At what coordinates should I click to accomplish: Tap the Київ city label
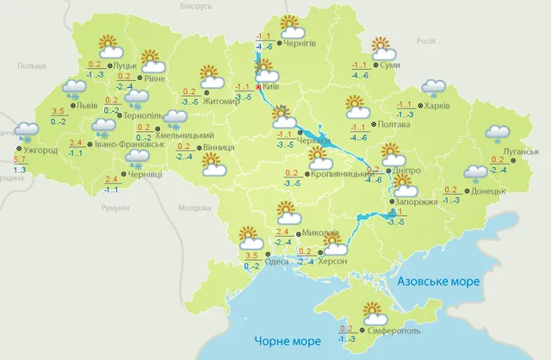[272, 86]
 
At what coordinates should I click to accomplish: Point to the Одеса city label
[277, 262]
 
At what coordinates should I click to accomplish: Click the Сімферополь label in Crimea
[376, 330]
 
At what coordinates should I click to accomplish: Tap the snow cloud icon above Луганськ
[497, 132]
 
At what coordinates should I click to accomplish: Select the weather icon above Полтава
[356, 107]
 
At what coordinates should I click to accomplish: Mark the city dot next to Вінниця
[202, 146]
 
